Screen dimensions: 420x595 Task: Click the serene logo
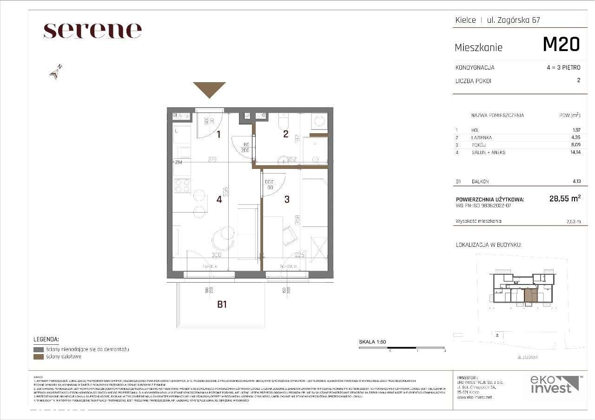pos(93,31)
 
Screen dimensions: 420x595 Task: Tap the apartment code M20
pos(561,45)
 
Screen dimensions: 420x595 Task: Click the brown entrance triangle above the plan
pos(209,89)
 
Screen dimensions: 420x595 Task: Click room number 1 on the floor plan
pos(218,135)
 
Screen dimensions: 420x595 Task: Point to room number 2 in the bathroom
pos(286,135)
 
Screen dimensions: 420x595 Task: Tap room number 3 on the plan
pos(287,199)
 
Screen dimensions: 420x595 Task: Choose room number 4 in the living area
pos(219,199)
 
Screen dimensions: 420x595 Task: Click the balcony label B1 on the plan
pos(222,304)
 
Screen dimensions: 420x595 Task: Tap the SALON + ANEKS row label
pos(488,152)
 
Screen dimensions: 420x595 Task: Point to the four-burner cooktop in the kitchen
pos(182,185)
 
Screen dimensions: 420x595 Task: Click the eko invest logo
pos(555,384)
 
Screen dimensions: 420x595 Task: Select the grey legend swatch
pos(39,349)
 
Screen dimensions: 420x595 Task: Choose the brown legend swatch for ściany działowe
pos(39,356)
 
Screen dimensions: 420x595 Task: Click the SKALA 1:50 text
pos(372,342)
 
